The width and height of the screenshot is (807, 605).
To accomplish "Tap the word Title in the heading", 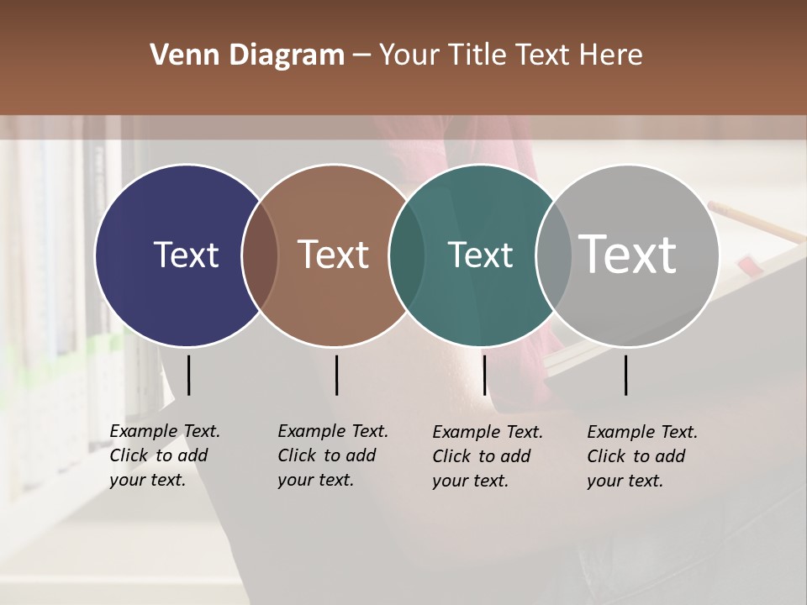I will (480, 55).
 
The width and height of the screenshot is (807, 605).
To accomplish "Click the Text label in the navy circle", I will (186, 255).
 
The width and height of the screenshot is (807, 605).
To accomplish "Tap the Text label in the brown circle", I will (334, 255).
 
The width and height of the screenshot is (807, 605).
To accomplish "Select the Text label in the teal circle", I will (480, 255).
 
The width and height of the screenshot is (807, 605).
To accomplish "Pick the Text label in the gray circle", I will (628, 254).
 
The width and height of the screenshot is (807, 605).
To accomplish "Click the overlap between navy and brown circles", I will (261, 255).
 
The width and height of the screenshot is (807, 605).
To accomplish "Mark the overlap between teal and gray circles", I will (554, 255).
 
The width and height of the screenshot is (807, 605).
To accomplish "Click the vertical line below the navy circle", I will (188, 375).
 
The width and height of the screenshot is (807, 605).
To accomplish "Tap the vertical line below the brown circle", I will (336, 375).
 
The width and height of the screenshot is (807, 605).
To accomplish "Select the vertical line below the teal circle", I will (484, 375).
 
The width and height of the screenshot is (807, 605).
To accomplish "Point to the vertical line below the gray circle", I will (625, 375).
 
